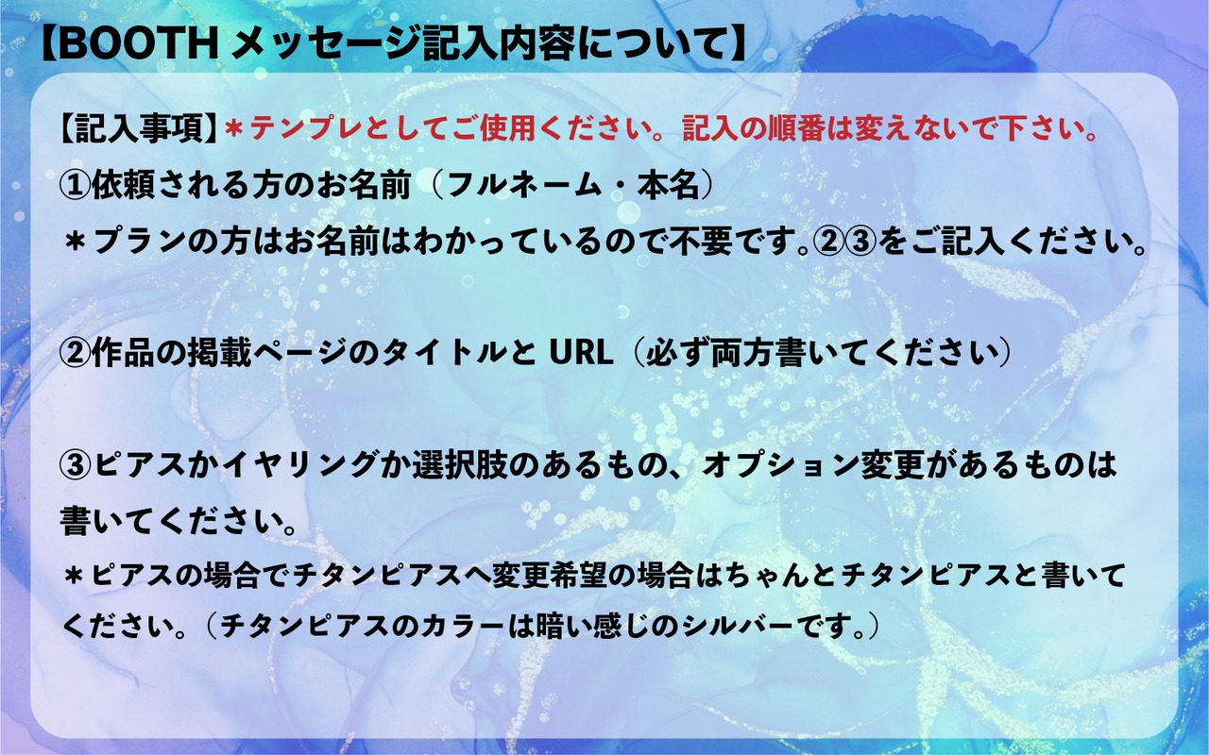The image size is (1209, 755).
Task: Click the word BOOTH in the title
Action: tap(138, 44)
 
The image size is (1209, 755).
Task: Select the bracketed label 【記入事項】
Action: tap(139, 129)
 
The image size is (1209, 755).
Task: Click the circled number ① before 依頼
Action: tap(75, 186)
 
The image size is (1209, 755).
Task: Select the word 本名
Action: tap(669, 186)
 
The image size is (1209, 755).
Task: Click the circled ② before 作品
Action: tap(75, 354)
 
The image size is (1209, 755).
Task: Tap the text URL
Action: tap(581, 354)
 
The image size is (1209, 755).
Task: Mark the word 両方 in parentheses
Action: tap(742, 354)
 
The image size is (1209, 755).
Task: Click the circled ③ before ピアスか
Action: tap(75, 465)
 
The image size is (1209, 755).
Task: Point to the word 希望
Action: tap(581, 576)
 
